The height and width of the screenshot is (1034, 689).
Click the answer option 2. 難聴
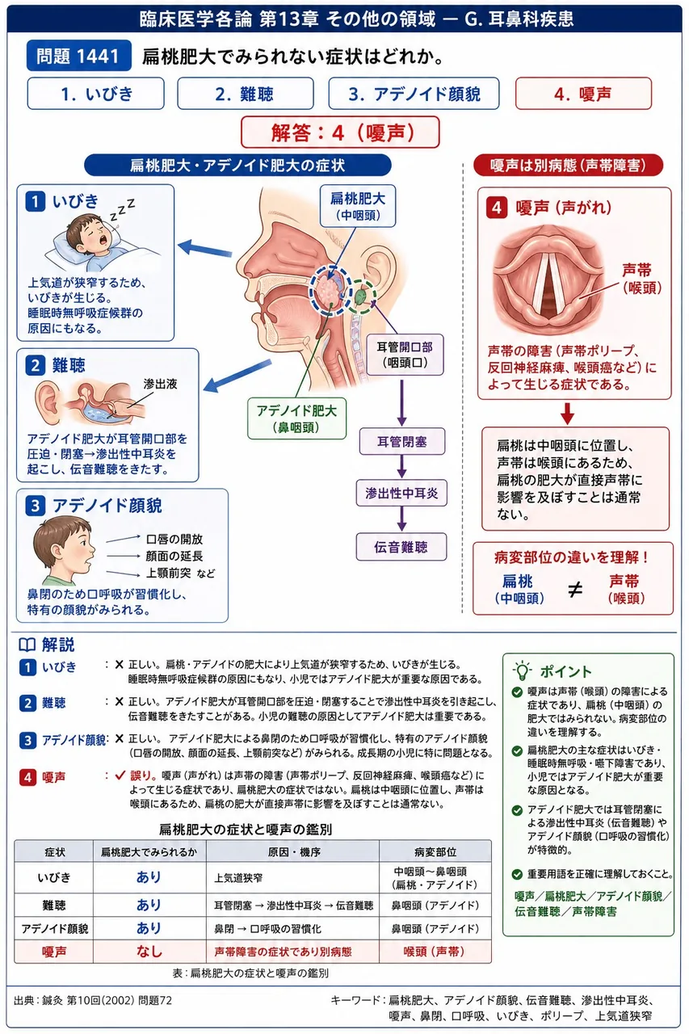point(245,94)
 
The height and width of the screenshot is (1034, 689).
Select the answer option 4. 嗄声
point(583,94)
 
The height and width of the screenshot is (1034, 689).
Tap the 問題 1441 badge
point(79,56)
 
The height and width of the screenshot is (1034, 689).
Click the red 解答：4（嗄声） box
point(340,132)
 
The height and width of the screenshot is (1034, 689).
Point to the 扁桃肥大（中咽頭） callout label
point(358,206)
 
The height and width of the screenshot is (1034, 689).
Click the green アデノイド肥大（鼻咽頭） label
point(296,418)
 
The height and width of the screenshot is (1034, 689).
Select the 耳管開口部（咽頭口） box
point(405,355)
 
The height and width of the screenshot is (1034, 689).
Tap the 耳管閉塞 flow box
point(402,442)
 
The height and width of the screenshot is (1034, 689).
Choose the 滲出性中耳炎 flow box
point(401,493)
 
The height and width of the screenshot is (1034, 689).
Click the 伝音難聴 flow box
point(401,547)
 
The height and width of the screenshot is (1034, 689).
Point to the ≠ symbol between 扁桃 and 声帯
point(574,590)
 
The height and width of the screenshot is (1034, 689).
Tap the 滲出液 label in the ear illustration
point(161,384)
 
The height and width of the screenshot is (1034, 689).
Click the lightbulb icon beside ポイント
point(522,670)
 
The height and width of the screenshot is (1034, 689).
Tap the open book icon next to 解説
point(27,645)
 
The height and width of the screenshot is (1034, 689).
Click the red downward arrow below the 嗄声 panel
point(567,414)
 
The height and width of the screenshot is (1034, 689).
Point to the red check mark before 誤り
point(120,775)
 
